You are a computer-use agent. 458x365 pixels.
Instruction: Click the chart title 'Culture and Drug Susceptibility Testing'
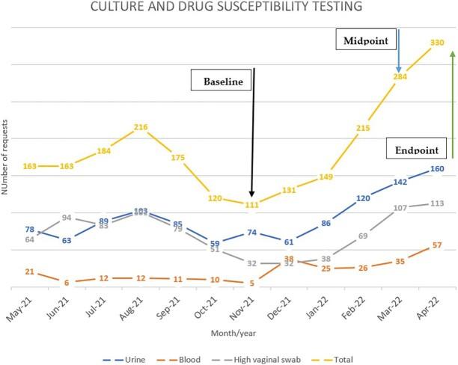[228, 7]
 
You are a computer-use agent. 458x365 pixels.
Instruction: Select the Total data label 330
[437, 43]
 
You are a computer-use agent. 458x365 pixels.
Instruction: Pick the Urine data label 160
[437, 168]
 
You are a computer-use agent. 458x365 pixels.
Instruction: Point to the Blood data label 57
[437, 245]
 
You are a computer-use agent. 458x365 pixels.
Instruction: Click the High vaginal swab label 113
[437, 203]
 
